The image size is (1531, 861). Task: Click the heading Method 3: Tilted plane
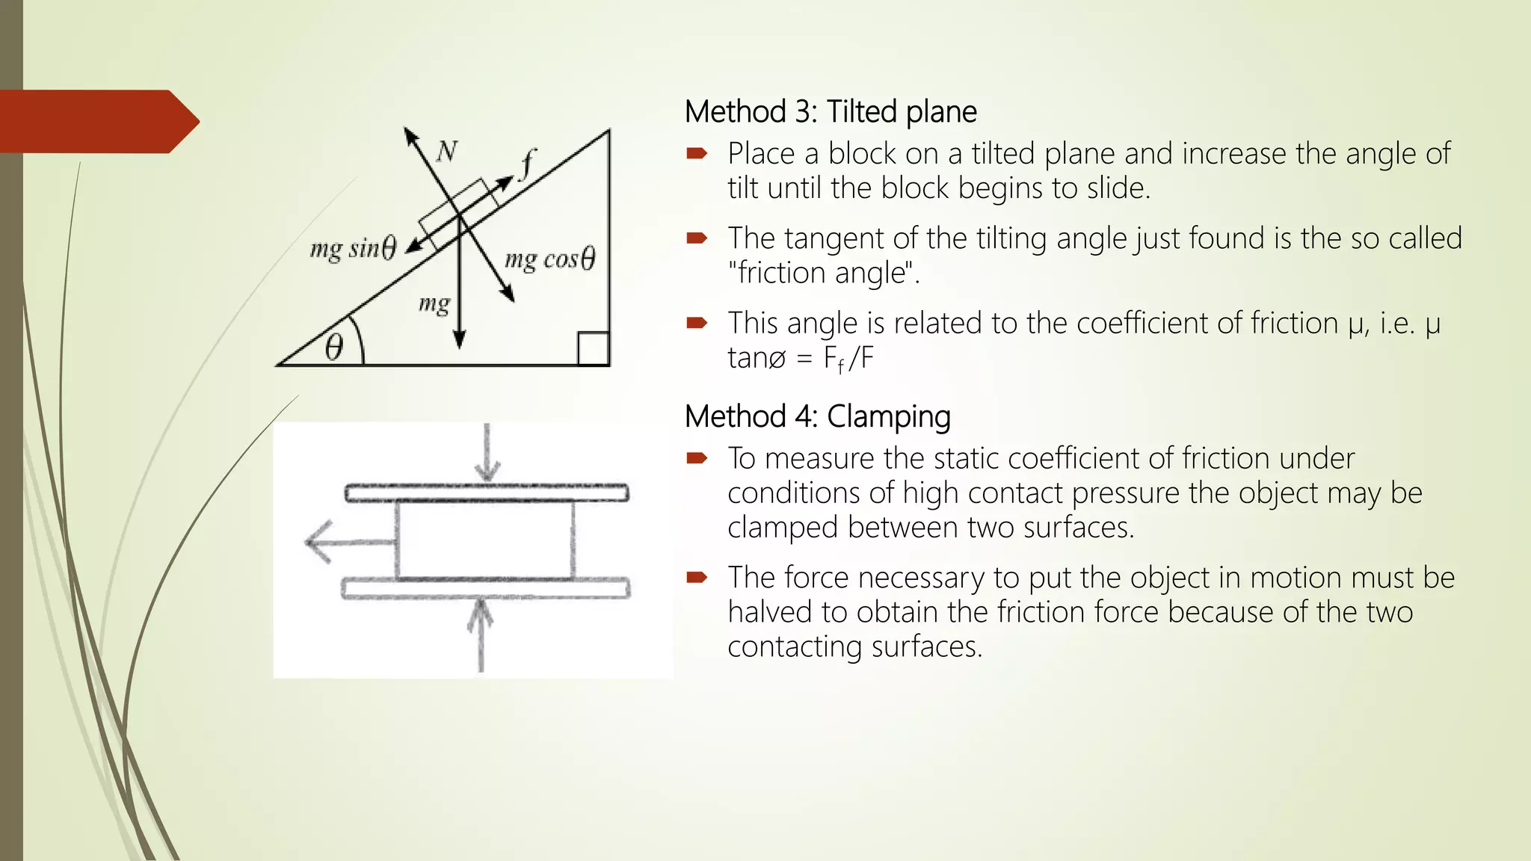coord(830,112)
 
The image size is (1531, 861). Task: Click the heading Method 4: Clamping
coord(817,416)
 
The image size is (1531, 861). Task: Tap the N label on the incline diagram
coord(446,152)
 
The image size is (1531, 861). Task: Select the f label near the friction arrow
coord(528,164)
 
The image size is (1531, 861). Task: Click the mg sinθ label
coord(353,248)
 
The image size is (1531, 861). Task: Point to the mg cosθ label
coord(549,259)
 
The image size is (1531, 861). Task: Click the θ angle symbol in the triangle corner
coord(334,348)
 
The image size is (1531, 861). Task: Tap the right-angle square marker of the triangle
coord(594,349)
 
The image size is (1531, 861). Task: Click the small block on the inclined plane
coord(458,206)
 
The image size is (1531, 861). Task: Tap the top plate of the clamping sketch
coord(487,493)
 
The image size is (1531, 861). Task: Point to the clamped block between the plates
coord(485,540)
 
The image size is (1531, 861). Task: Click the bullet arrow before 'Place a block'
coord(697,154)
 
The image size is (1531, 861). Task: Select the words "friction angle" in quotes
coord(823,273)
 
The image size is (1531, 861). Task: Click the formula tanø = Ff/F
coord(800,358)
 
